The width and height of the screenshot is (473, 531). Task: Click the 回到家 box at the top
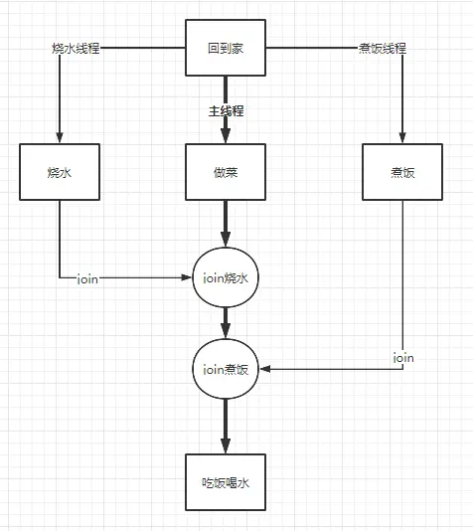click(227, 48)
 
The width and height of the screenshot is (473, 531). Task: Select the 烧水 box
click(59, 172)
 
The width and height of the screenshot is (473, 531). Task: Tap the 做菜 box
click(227, 172)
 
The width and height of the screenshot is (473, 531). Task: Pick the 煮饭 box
click(402, 172)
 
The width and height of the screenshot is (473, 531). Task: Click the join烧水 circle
click(227, 278)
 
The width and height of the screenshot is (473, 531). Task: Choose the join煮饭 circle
click(227, 369)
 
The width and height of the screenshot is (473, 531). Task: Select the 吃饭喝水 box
click(227, 483)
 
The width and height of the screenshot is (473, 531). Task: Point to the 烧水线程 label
click(77, 48)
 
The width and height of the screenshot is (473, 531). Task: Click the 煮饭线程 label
click(382, 48)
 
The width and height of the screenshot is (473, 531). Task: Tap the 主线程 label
click(227, 111)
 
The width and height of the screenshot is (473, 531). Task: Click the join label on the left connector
click(86, 279)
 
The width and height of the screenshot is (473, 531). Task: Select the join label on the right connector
click(402, 357)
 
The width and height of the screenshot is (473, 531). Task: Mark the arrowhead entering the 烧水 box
click(59, 138)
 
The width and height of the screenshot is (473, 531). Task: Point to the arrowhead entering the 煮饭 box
click(402, 138)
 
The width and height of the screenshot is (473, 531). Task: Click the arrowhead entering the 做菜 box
click(227, 137)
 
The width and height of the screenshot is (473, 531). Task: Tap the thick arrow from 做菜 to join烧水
click(227, 224)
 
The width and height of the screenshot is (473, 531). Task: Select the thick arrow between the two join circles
click(227, 323)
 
